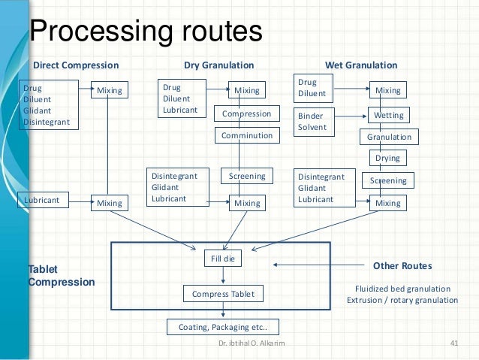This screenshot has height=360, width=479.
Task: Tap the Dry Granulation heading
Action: [219, 65]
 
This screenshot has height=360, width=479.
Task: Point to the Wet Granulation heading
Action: [360, 65]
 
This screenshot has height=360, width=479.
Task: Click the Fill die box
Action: [222, 260]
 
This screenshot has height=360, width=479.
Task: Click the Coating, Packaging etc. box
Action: [222, 327]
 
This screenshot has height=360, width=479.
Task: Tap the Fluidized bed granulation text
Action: [402, 289]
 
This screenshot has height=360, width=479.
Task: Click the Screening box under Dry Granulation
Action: [246, 177]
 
